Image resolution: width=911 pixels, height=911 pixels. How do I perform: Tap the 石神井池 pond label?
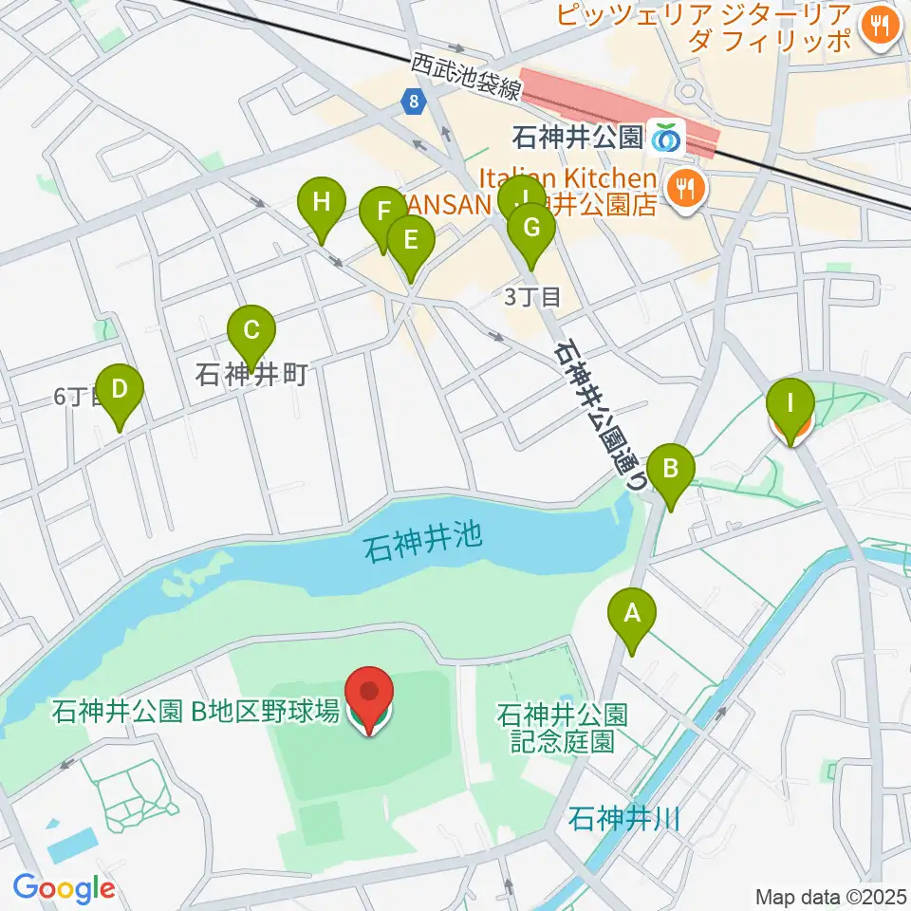(x=423, y=547)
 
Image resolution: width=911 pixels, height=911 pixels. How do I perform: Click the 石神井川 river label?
(x=625, y=818)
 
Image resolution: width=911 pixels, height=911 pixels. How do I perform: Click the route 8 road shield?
(x=412, y=101)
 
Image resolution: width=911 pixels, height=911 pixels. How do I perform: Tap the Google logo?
(x=65, y=888)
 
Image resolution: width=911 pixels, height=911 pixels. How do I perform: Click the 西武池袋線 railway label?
(x=466, y=76)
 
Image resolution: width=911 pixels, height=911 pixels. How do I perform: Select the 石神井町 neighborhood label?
(x=251, y=375)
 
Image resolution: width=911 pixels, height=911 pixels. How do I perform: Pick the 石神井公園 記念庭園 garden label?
(x=562, y=726)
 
